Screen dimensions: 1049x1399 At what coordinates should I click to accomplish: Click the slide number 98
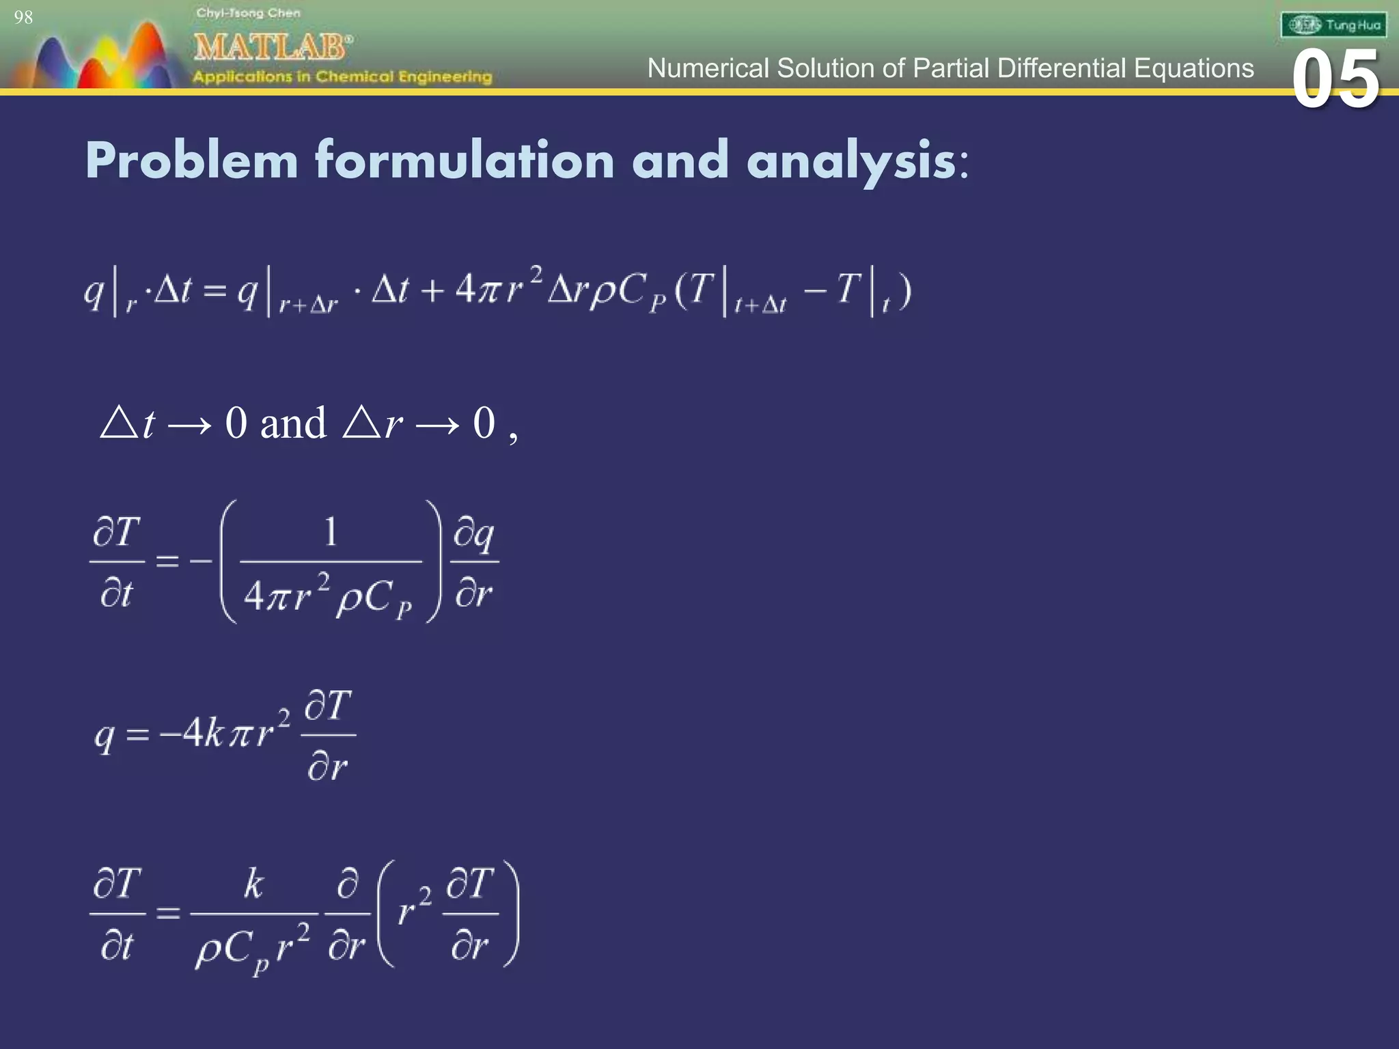coord(23,18)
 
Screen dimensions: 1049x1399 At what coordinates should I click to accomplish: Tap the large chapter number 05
coord(1335,81)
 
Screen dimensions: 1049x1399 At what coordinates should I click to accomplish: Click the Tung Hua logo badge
coord(1333,25)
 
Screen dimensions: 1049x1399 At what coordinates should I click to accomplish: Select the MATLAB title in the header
coord(272,47)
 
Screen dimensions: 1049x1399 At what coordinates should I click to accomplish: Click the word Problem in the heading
coord(192,160)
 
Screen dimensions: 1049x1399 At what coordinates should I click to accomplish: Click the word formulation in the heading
coord(465,160)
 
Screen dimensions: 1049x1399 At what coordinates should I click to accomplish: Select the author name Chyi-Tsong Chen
coord(248,13)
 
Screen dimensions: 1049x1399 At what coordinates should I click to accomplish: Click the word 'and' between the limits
coord(293,423)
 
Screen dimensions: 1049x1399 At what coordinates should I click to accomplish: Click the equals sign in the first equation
coord(214,292)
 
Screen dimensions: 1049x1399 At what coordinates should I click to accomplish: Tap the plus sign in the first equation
coord(432,291)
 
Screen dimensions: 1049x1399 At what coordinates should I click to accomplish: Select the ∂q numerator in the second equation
coord(474,534)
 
